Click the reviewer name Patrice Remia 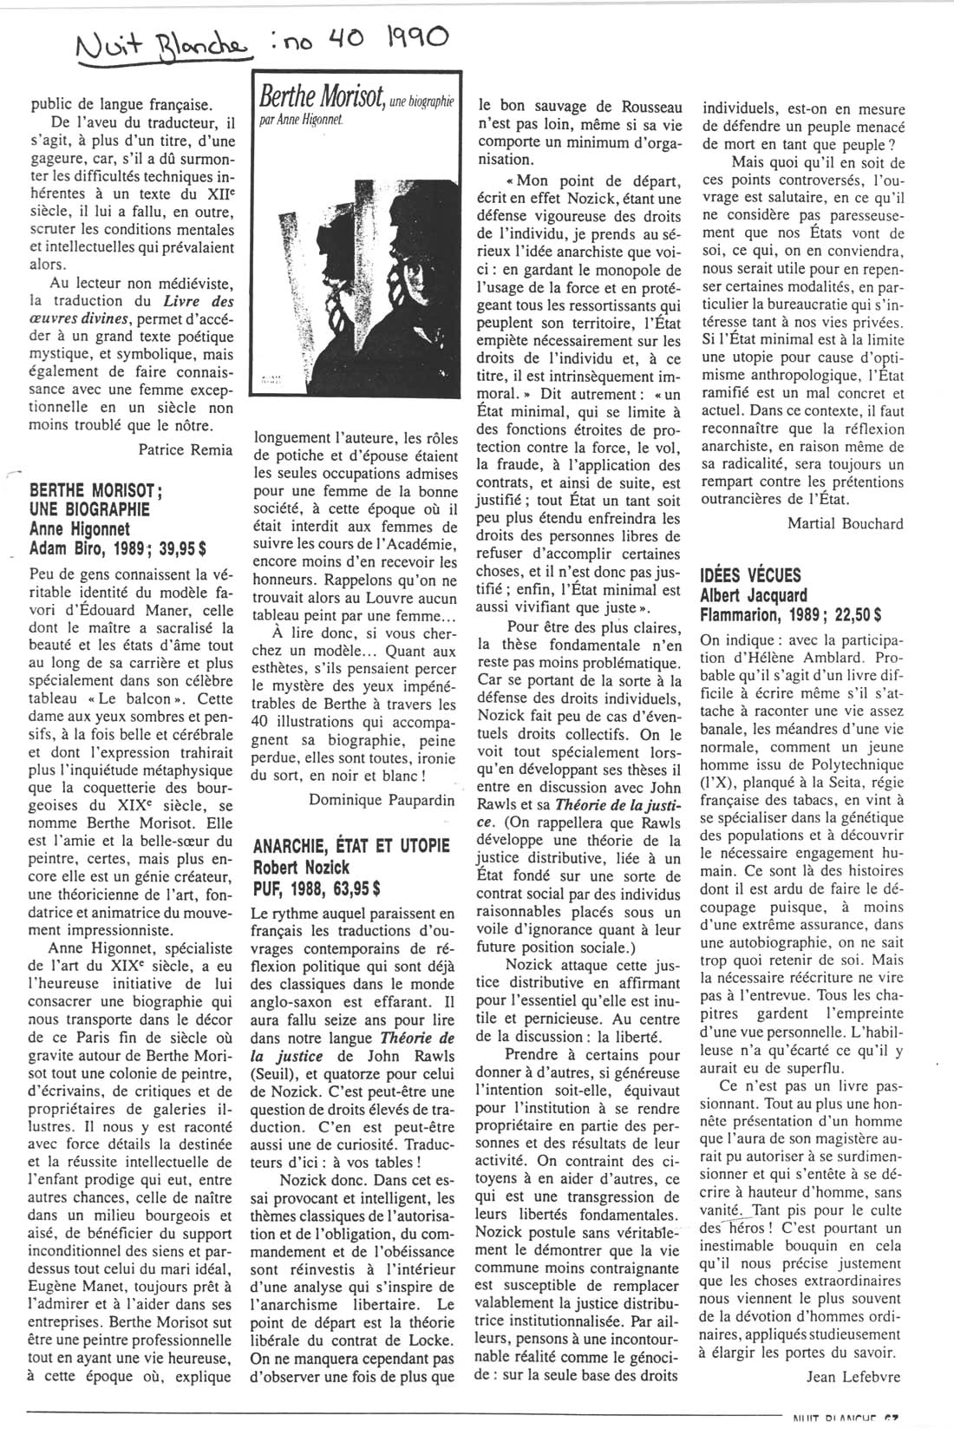(x=186, y=449)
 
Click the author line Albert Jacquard (x=753, y=595)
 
